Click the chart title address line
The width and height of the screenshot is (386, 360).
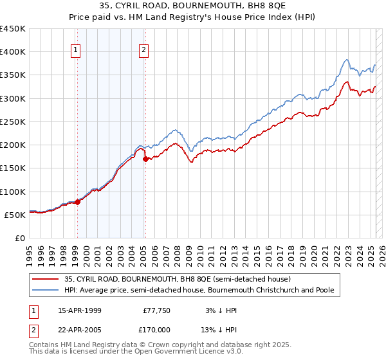tap(192, 6)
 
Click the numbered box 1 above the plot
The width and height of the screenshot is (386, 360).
tap(76, 50)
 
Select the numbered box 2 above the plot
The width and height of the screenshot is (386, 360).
tap(143, 50)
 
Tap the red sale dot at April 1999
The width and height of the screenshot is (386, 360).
tap(77, 202)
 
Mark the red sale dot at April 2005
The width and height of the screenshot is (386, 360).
tap(145, 159)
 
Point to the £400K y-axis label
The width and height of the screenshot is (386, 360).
tap(13, 52)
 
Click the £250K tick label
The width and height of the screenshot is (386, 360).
tap(13, 122)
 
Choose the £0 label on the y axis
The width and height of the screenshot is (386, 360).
tap(21, 238)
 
